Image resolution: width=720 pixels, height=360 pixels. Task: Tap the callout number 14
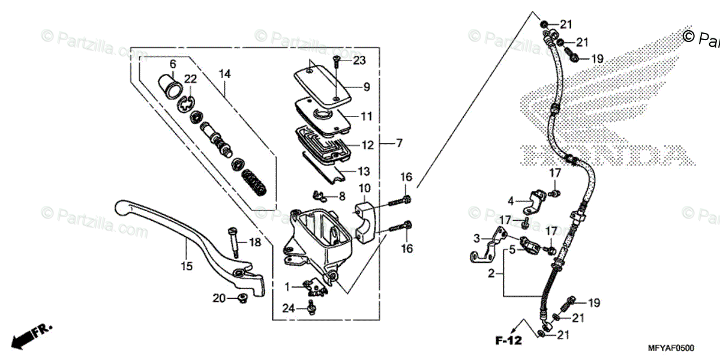(224, 74)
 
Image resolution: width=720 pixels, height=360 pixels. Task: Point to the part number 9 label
(366, 86)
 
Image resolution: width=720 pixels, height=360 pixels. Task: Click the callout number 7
(399, 143)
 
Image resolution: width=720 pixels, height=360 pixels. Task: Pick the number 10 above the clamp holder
(364, 189)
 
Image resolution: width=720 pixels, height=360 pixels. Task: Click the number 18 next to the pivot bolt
(255, 242)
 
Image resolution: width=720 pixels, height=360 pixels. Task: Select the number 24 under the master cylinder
(289, 308)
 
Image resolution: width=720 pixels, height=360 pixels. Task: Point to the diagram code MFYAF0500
(671, 347)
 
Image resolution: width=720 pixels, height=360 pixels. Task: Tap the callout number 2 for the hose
(490, 274)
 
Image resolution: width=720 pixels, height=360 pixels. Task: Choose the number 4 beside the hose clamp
(510, 201)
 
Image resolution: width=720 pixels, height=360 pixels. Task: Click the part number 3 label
(477, 238)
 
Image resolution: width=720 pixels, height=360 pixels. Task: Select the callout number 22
(190, 79)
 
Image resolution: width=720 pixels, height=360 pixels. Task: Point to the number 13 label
(365, 171)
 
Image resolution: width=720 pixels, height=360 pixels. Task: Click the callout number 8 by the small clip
(341, 196)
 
